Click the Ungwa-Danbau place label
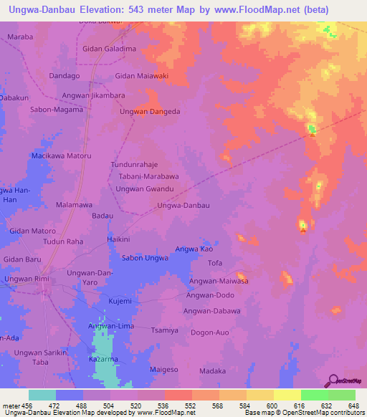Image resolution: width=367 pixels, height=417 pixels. click(183, 206)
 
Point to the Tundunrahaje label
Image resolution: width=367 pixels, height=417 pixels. click(134, 164)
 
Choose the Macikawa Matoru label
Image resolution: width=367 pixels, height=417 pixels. click(61, 155)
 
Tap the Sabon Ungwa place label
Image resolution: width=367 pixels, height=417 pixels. click(146, 258)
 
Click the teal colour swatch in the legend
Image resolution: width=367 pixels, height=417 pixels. click(42, 395)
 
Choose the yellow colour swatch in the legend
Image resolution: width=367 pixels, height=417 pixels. click(287, 395)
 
